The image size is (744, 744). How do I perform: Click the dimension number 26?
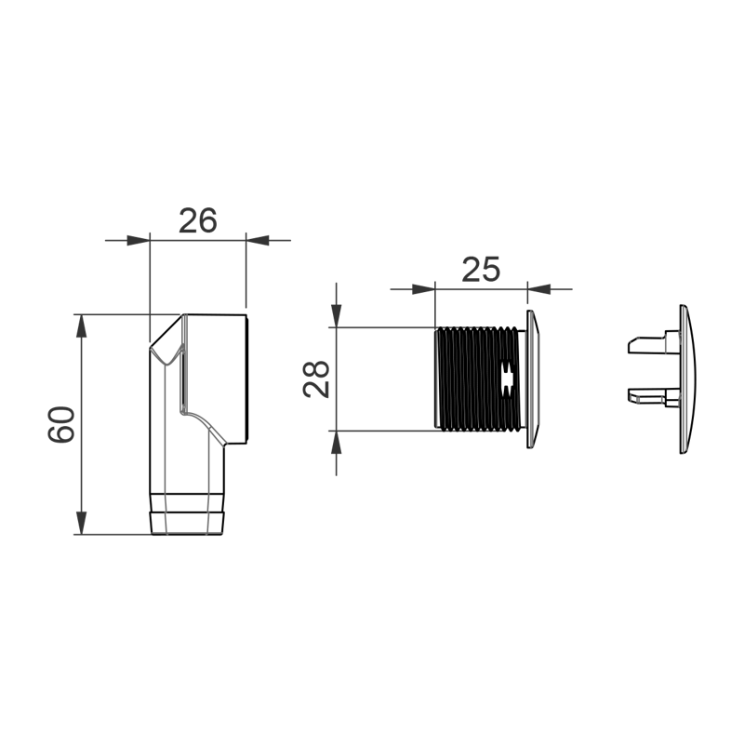[197, 220]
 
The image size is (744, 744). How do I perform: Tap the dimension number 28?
[316, 379]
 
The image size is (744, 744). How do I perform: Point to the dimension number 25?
[481, 269]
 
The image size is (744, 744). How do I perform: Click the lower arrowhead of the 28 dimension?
[337, 442]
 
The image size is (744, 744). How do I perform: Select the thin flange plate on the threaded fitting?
[531, 379]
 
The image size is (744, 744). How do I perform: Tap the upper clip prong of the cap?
[651, 344]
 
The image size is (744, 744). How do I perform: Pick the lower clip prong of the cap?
[651, 396]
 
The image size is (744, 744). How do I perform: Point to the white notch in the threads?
[507, 379]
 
